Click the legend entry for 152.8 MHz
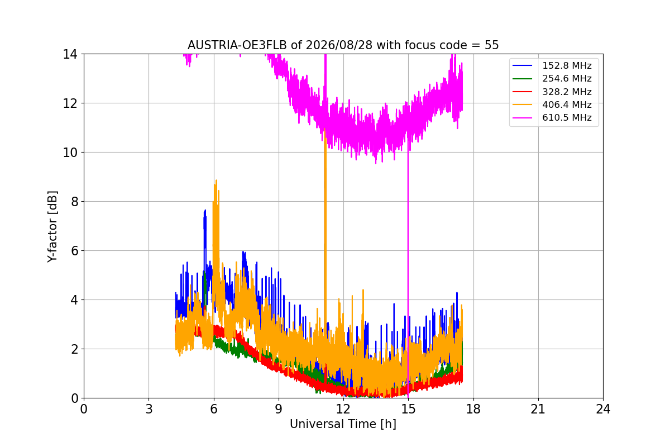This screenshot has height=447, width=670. click(x=552, y=65)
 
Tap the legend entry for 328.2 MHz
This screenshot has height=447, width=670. click(x=552, y=92)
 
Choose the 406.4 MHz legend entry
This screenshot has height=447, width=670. click(x=552, y=104)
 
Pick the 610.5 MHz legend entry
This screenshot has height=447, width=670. click(x=552, y=118)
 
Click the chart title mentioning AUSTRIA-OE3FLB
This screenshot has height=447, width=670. click(x=343, y=45)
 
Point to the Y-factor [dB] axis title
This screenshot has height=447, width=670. click(x=52, y=227)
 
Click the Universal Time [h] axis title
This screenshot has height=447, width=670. click(x=343, y=424)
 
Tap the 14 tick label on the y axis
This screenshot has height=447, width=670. click(x=70, y=54)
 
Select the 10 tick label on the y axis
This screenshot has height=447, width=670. click(x=70, y=153)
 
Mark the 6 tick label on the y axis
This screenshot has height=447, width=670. click(x=74, y=251)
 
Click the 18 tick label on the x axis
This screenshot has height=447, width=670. click(x=473, y=409)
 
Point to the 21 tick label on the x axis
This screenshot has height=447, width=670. click(x=538, y=409)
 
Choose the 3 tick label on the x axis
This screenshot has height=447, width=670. click(x=149, y=409)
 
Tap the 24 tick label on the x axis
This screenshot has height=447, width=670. click(x=603, y=409)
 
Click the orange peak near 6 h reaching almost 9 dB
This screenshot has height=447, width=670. click(x=216, y=180)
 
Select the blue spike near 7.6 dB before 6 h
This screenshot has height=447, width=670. click(x=205, y=211)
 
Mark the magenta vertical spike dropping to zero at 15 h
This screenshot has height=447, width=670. click(x=408, y=269)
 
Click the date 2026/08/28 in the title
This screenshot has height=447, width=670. click(x=339, y=45)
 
